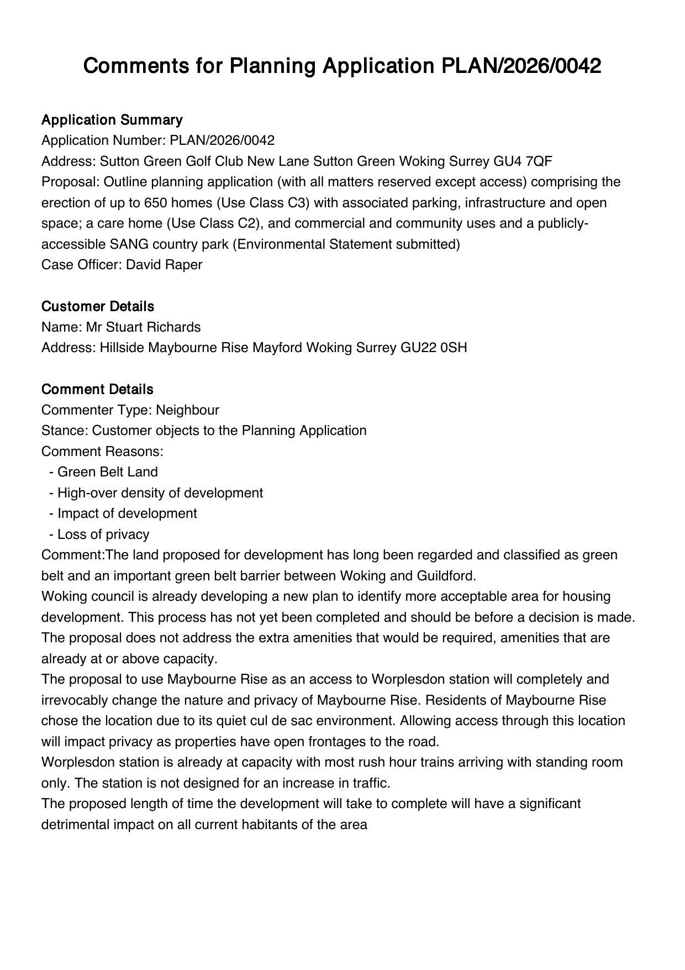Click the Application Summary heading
click(112, 120)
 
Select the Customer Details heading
click(98, 306)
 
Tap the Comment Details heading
click(97, 389)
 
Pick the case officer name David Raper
click(164, 265)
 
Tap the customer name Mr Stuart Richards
click(143, 327)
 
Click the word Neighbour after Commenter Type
click(187, 410)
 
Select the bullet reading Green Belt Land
click(107, 472)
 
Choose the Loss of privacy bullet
click(103, 534)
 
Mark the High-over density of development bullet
click(160, 493)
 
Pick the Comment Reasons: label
click(102, 452)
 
